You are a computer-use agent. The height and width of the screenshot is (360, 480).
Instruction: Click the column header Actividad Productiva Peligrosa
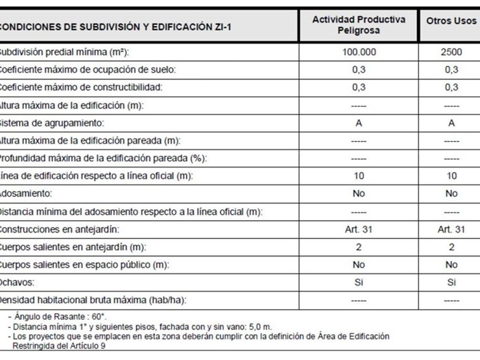tap(358, 25)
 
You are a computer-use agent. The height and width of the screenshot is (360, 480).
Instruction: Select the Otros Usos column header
tap(451, 21)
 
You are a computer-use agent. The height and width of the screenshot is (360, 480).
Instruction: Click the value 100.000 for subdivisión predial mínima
tap(358, 52)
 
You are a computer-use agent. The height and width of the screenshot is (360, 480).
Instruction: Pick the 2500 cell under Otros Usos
tap(451, 52)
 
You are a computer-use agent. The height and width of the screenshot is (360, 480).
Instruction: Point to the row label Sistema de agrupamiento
tap(52, 123)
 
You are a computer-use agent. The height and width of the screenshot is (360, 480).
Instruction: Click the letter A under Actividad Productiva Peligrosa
tap(358, 123)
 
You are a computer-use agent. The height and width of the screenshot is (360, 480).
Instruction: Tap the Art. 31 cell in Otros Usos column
tap(451, 229)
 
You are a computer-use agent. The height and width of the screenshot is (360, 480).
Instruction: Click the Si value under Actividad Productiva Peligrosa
tap(358, 282)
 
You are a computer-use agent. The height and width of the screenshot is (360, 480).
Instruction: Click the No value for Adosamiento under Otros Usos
tap(451, 194)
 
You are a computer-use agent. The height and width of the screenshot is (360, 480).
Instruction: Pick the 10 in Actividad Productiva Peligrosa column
tap(358, 176)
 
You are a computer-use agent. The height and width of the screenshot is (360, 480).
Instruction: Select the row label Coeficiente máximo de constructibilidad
tap(81, 87)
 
